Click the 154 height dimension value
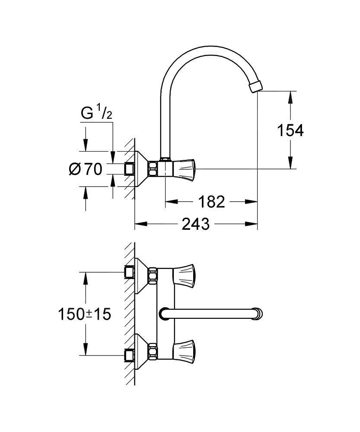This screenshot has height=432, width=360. (x=290, y=130)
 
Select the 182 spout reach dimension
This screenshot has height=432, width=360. (x=211, y=201)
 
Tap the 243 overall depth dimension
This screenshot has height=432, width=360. (x=196, y=224)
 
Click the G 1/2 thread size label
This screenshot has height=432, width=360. (x=97, y=114)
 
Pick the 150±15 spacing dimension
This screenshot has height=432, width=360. (x=85, y=314)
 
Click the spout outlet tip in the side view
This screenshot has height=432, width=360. (x=256, y=85)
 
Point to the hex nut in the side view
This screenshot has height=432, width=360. (x=153, y=168)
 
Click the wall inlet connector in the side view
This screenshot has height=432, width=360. (x=128, y=168)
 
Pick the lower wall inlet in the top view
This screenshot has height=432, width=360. (x=128, y=355)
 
